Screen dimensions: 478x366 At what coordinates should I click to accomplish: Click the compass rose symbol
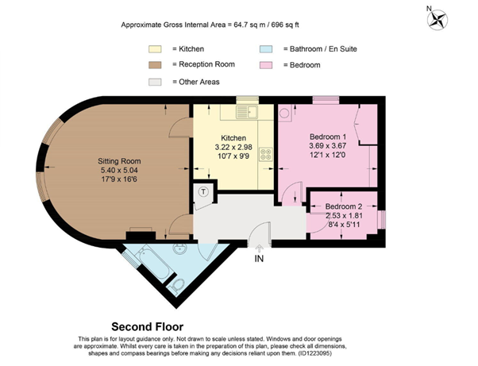438,20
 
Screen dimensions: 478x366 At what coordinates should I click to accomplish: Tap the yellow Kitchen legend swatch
155,49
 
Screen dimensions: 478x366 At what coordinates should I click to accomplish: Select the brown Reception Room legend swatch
155,65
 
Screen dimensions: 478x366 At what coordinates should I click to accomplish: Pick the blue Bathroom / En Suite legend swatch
266,49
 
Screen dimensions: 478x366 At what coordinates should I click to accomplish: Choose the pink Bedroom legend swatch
266,65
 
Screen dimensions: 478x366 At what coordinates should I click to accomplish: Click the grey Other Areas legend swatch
155,82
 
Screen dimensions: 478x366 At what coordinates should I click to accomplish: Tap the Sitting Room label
119,161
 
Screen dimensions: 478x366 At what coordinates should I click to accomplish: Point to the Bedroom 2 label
344,206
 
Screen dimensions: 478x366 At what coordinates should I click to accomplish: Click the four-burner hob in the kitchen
266,154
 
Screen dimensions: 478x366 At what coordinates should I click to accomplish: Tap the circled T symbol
203,192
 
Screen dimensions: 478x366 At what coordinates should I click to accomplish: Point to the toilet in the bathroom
176,286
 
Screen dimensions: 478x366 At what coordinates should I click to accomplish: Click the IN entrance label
259,259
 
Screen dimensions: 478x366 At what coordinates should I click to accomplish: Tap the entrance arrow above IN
259,248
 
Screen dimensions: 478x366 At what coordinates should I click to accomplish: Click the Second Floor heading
147,327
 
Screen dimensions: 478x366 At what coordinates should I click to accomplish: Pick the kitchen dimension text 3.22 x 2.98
233,147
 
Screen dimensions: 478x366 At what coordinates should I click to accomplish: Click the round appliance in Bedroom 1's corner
284,114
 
